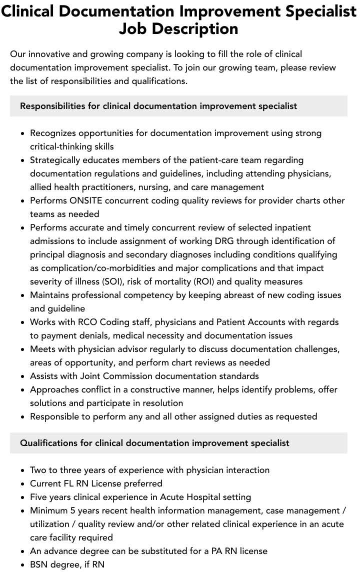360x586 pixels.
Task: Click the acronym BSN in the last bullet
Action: click(x=39, y=564)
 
